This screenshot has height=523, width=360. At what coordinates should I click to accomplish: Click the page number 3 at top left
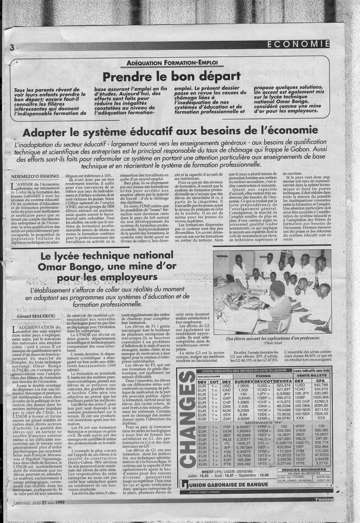[11, 47]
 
